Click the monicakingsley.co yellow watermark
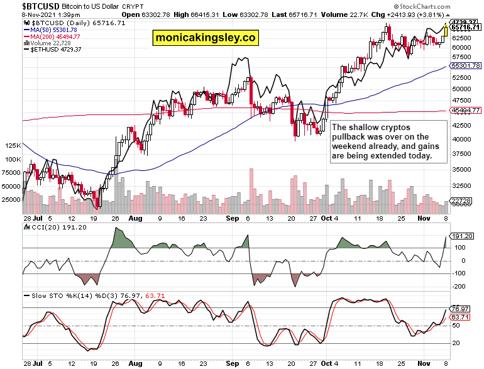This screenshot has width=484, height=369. click(206, 38)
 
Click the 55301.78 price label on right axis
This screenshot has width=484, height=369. click(466, 65)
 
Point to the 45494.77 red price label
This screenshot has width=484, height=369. click(466, 111)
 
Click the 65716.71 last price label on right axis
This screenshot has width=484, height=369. click(466, 28)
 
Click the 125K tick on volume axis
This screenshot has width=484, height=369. click(13, 145)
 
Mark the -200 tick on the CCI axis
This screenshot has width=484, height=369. click(458, 286)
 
